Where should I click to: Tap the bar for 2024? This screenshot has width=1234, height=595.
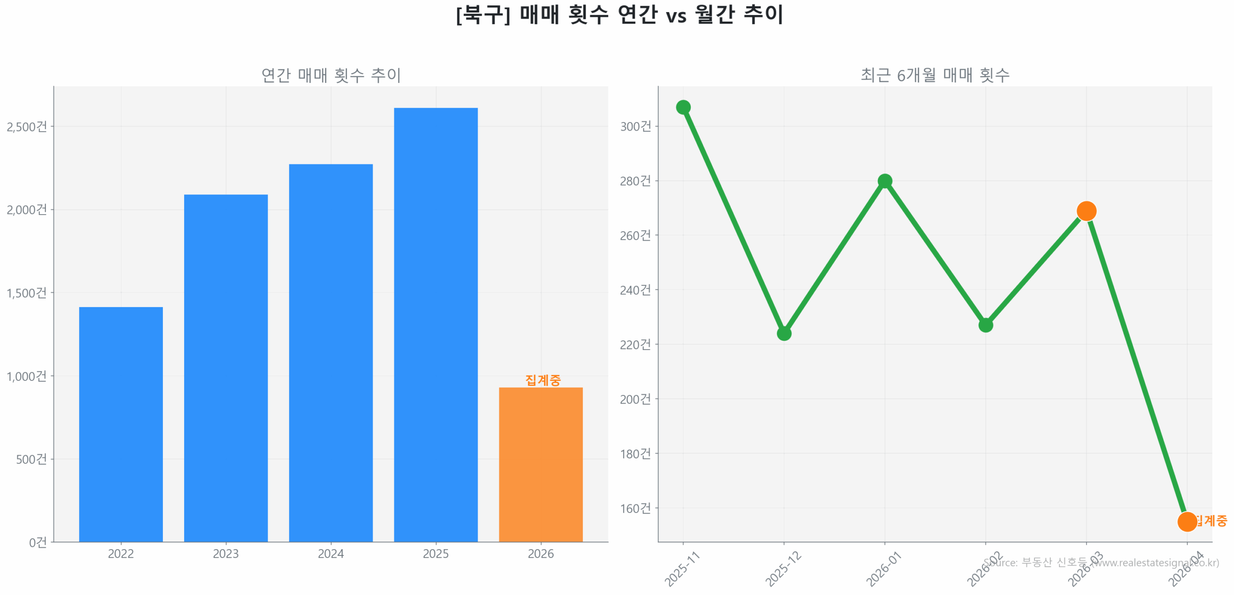[x=331, y=352]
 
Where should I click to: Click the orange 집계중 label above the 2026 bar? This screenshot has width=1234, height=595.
[x=543, y=380]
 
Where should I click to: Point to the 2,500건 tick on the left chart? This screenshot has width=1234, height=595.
[x=27, y=127]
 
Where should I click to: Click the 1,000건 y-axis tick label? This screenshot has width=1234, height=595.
[x=27, y=376]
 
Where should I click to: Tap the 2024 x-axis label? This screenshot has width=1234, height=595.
[x=331, y=554]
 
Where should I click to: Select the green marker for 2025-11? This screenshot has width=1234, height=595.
[x=683, y=107]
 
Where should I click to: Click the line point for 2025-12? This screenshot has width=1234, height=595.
[x=784, y=333]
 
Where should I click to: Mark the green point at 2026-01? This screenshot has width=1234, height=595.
[x=885, y=181]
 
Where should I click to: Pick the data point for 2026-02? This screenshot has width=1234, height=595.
[x=985, y=325]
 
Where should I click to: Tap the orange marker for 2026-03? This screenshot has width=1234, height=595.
[x=1086, y=211]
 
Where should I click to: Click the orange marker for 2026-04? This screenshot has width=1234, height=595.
[x=1187, y=521]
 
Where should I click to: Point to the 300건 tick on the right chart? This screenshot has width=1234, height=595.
[x=635, y=126]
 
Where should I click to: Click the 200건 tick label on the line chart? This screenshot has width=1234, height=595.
[x=635, y=399]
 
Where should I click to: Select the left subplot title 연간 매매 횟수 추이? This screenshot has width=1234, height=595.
[x=331, y=75]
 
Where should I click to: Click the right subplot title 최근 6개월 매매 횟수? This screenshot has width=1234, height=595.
[x=935, y=75]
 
